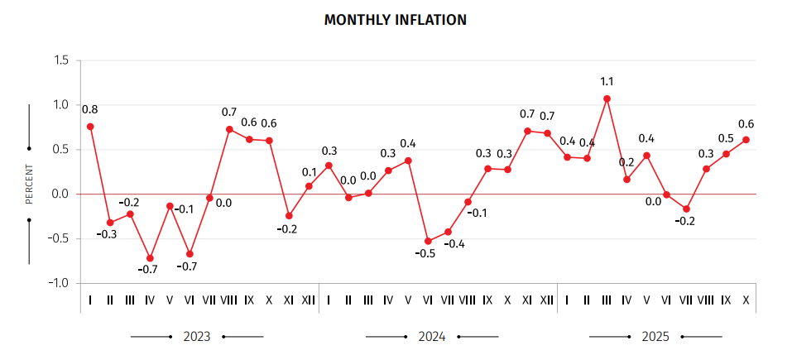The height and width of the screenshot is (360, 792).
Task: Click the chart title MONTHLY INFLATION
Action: click(x=396, y=20)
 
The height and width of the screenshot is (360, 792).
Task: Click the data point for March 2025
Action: click(x=607, y=98)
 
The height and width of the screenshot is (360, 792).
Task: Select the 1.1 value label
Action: click(x=607, y=81)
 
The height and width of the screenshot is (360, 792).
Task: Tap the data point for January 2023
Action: click(x=90, y=127)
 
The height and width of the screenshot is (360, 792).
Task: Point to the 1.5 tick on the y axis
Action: click(x=61, y=60)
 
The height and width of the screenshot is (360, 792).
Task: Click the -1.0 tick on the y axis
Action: click(x=60, y=283)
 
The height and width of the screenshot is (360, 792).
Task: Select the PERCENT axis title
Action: click(x=29, y=185)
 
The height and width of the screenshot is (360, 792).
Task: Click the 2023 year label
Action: click(x=197, y=337)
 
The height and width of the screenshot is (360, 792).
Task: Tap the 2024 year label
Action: click(x=432, y=337)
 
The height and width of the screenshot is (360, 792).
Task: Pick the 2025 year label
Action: click(x=655, y=337)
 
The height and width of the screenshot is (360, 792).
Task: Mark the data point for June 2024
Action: click(x=428, y=242)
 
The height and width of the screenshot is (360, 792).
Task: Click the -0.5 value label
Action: click(x=425, y=253)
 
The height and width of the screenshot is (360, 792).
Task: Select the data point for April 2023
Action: click(x=150, y=258)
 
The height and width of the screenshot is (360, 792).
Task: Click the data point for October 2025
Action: click(x=746, y=140)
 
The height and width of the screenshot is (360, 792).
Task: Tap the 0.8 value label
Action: click(x=89, y=109)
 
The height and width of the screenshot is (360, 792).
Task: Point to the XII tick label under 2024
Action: click(x=547, y=299)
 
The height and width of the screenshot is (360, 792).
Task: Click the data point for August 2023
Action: click(x=229, y=129)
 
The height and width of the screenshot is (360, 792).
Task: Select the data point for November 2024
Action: click(x=527, y=131)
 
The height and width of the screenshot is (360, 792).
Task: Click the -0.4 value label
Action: click(x=455, y=244)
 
